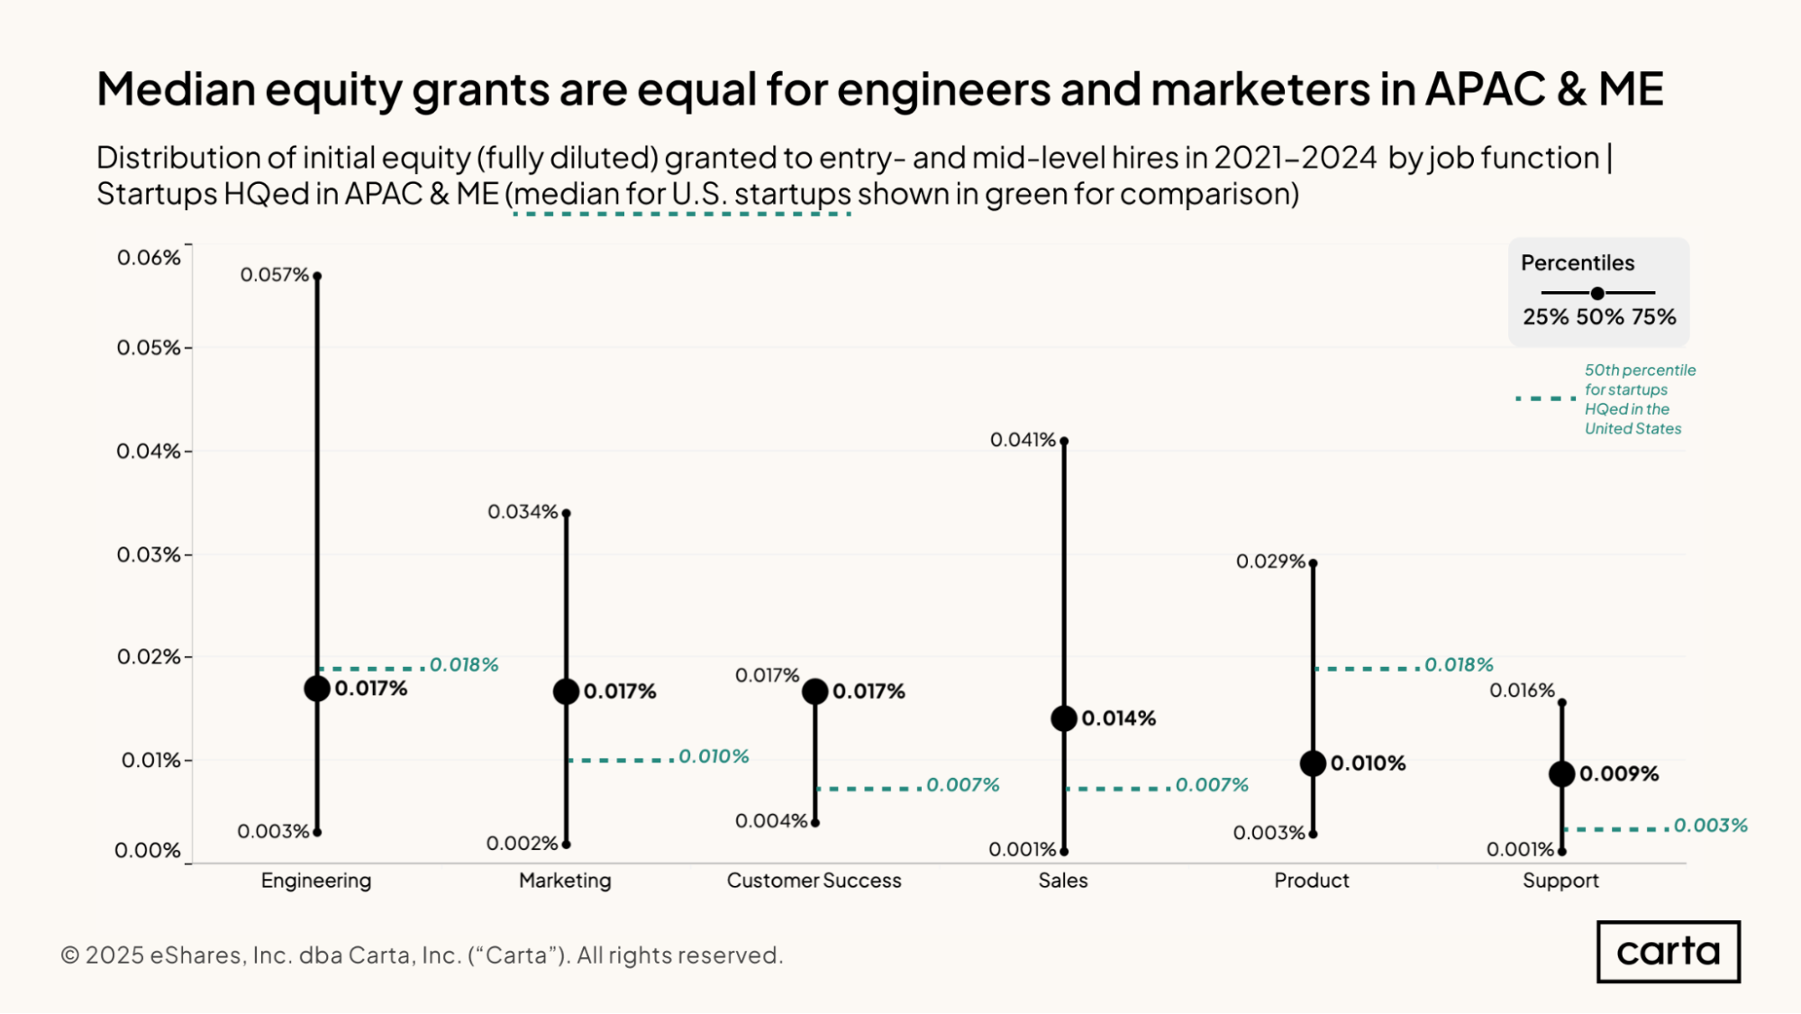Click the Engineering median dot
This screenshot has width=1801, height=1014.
[317, 689]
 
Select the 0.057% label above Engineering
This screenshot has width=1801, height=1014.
[274, 275]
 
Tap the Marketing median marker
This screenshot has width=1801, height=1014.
[566, 691]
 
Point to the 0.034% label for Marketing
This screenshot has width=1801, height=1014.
[523, 512]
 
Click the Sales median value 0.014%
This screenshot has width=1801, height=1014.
[1118, 718]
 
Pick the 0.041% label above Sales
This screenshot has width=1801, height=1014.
[1023, 440]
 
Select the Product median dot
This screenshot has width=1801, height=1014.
[1313, 763]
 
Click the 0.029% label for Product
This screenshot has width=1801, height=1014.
[1270, 562]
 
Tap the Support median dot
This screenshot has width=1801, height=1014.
[1561, 773]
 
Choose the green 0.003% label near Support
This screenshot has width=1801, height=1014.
[1710, 826]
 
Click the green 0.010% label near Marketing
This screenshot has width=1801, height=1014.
[714, 756]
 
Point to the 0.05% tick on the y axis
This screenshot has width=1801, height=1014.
[149, 348]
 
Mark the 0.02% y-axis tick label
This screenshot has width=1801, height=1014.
[149, 657]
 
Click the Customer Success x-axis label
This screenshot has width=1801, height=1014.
[814, 881]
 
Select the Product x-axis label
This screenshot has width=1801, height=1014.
[1311, 881]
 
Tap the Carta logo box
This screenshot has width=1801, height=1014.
[1668, 952]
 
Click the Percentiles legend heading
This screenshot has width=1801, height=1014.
[1578, 263]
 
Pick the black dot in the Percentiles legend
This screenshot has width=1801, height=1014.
[1597, 293]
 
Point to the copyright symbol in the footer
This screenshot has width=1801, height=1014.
[70, 955]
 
